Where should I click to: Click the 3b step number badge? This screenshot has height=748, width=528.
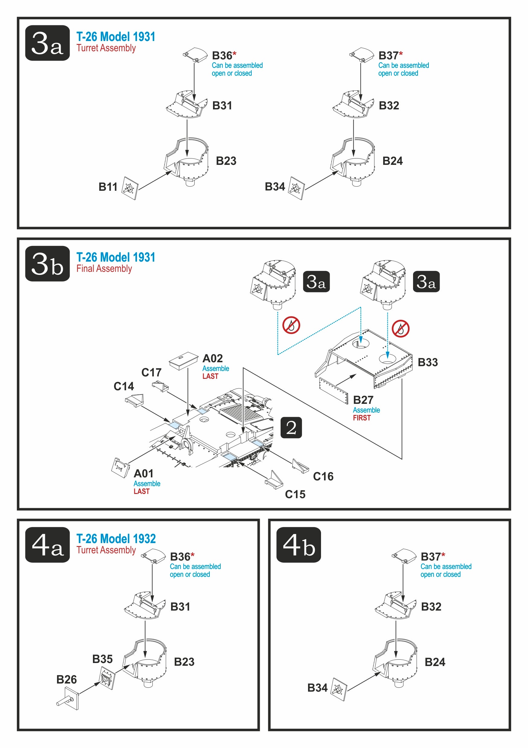(47, 264)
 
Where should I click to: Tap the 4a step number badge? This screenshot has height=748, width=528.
(47, 545)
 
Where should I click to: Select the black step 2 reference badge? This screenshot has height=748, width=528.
(291, 427)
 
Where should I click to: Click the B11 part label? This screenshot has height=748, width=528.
(108, 187)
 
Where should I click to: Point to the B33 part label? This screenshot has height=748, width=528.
(428, 362)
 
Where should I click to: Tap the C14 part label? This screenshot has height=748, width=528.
(124, 386)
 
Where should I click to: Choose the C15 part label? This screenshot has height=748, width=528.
(295, 495)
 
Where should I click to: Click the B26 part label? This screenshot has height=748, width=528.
(67, 680)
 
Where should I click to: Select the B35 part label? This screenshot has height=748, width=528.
(102, 659)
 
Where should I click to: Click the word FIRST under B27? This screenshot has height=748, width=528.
(362, 418)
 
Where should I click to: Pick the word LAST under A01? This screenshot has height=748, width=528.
(142, 492)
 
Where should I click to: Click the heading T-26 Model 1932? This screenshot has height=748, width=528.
(116, 539)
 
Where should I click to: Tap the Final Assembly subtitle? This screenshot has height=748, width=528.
(104, 269)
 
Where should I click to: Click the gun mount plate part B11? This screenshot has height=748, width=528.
(130, 188)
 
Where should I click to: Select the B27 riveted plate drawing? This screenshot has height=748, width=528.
(334, 391)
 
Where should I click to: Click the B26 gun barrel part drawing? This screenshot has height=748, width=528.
(68, 698)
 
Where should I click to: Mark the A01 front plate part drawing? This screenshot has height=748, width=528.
(119, 468)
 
